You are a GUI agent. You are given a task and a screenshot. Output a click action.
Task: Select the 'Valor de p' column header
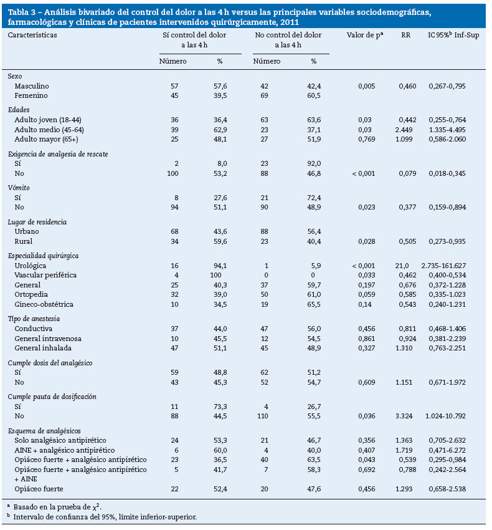(x=364, y=35)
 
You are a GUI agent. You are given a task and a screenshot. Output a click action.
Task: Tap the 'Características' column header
(x=32, y=35)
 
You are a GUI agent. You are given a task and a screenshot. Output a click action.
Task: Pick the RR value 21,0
(x=409, y=265)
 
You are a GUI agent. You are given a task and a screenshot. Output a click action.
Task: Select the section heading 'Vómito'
(x=18, y=187)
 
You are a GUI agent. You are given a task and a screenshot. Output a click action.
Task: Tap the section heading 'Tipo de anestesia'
(x=34, y=319)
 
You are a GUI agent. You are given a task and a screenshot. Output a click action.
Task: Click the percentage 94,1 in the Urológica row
(x=220, y=265)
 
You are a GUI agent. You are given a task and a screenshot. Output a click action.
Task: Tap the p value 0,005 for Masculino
(x=366, y=85)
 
